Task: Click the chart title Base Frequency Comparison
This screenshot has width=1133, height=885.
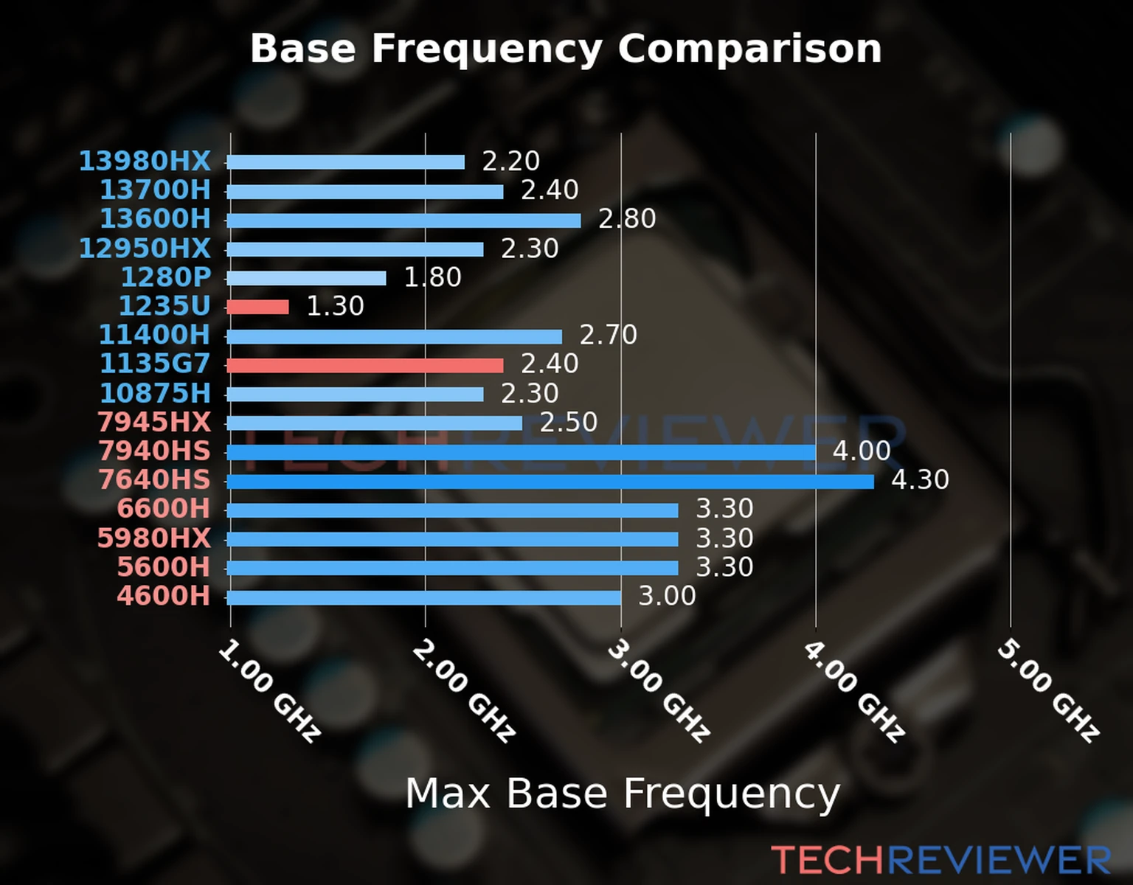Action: click(566, 49)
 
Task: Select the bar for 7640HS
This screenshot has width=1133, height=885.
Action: click(550, 482)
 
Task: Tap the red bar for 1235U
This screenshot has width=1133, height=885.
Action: click(257, 307)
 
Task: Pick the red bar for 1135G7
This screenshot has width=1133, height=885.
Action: click(364, 365)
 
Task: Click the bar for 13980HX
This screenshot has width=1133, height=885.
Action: click(345, 162)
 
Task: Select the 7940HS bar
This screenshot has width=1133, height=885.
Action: click(521, 452)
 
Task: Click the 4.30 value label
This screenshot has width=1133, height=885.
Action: click(920, 480)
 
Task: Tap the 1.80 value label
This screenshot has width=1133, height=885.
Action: click(432, 277)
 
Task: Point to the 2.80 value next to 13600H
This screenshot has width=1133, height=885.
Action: click(626, 219)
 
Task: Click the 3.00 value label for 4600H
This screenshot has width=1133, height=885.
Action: click(666, 596)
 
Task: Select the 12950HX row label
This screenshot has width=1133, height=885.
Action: click(145, 249)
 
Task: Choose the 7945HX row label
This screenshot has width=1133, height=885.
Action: click(153, 423)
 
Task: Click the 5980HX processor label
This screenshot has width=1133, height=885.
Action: click(153, 538)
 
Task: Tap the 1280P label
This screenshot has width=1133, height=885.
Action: click(165, 277)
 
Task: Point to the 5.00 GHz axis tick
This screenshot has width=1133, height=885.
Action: click(1047, 690)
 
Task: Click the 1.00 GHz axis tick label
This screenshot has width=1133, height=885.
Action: click(269, 690)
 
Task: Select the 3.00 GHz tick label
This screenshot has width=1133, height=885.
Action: click(658, 690)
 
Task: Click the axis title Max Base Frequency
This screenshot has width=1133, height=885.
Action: click(623, 794)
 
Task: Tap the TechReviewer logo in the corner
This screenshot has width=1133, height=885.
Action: click(940, 861)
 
